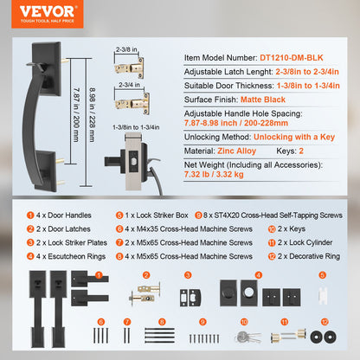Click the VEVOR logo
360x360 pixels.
click(48, 14)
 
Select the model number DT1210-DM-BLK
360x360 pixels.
click(292, 58)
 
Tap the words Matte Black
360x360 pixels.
click(263, 100)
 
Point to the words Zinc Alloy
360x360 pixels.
click(236, 151)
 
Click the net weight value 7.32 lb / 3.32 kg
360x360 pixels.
click(214, 174)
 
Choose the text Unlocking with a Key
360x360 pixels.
click(294, 137)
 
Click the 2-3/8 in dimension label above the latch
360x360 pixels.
click(126, 49)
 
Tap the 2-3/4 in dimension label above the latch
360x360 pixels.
click(129, 85)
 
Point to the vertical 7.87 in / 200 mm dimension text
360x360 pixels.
click(76, 115)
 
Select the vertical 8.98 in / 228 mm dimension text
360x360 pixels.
click(92, 115)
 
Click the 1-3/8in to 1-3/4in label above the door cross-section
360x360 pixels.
click(136, 127)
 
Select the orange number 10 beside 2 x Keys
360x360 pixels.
click(272, 229)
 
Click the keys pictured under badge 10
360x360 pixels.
click(247, 337)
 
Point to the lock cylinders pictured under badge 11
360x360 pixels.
click(288, 336)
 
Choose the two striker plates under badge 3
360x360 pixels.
click(190, 298)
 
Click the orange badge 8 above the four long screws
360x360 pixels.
click(162, 322)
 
